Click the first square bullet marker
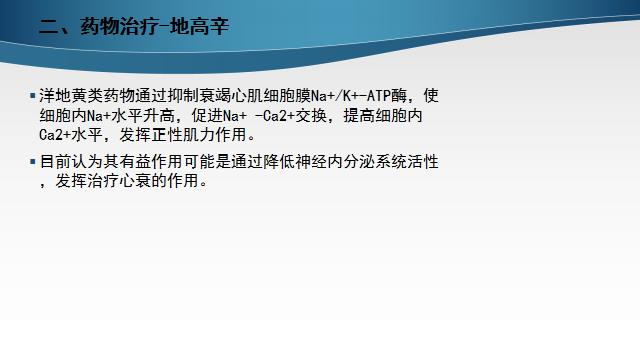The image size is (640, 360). pyautogui.click(x=31, y=96)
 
